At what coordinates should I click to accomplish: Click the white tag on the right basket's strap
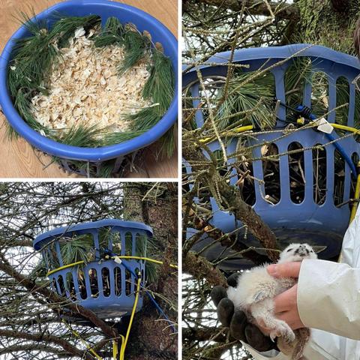tap(325, 127)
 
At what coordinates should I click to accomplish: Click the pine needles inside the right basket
tap(247, 97)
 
